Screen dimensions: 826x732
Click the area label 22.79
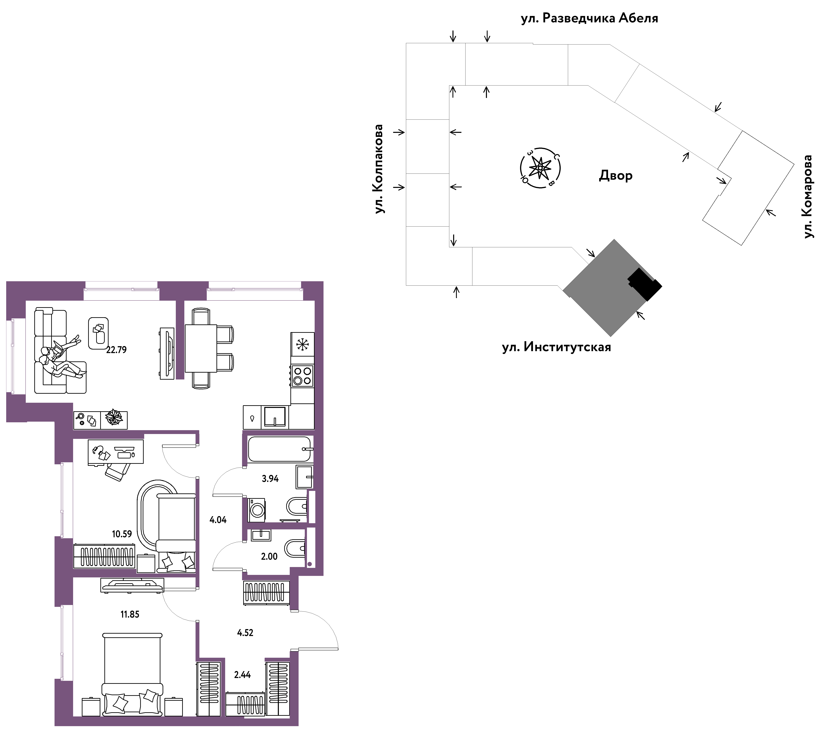click(x=116, y=350)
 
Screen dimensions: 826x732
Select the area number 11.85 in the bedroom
click(x=130, y=614)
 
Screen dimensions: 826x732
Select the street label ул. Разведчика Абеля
click(x=589, y=18)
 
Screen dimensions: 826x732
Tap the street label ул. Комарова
click(x=807, y=196)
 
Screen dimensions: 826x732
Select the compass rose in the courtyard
click(x=540, y=168)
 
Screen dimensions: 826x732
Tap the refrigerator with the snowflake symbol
click(x=302, y=344)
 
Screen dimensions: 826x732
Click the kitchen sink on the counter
click(x=275, y=417)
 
